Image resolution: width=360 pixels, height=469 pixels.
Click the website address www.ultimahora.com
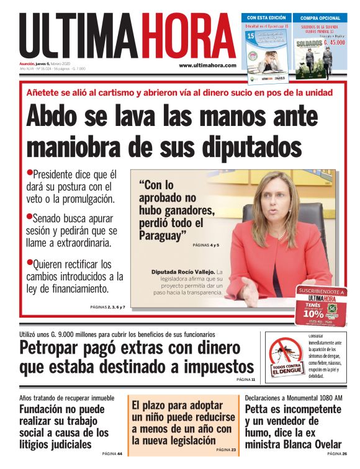(x=207, y=65)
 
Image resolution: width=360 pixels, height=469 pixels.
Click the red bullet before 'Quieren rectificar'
(x=29, y=261)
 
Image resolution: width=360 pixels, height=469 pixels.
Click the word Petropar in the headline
(x=51, y=347)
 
